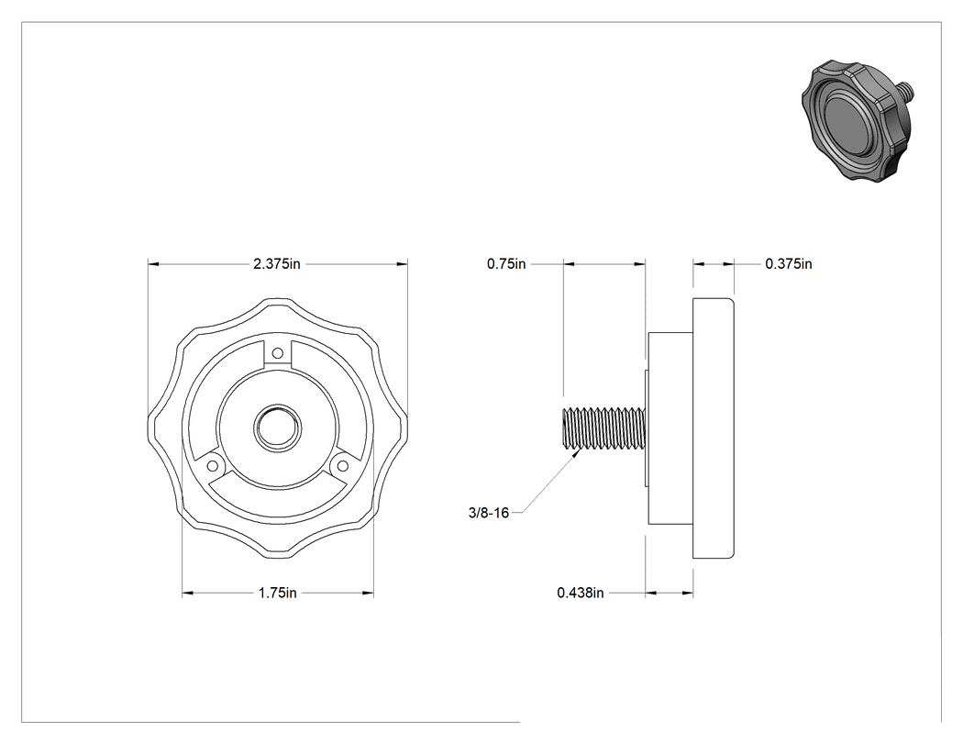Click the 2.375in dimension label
click(x=277, y=263)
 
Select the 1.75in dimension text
click(x=278, y=593)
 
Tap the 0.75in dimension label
click(x=506, y=263)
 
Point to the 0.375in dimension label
click(x=789, y=263)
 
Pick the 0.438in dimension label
click(x=581, y=593)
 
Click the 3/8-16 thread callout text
click(x=489, y=513)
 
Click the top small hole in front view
click(x=278, y=353)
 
